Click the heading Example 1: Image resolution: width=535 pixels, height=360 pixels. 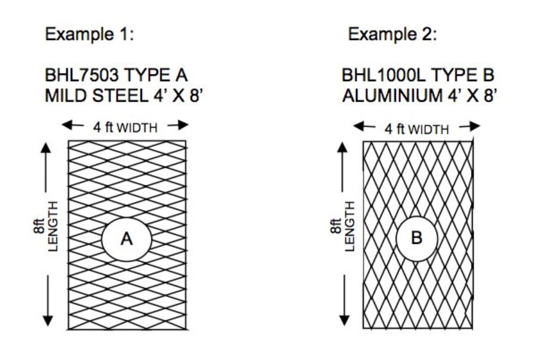pyautogui.click(x=89, y=35)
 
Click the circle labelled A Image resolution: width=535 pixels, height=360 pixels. pyautogui.click(x=126, y=239)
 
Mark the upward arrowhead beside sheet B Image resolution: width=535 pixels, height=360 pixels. pyautogui.click(x=344, y=147)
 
